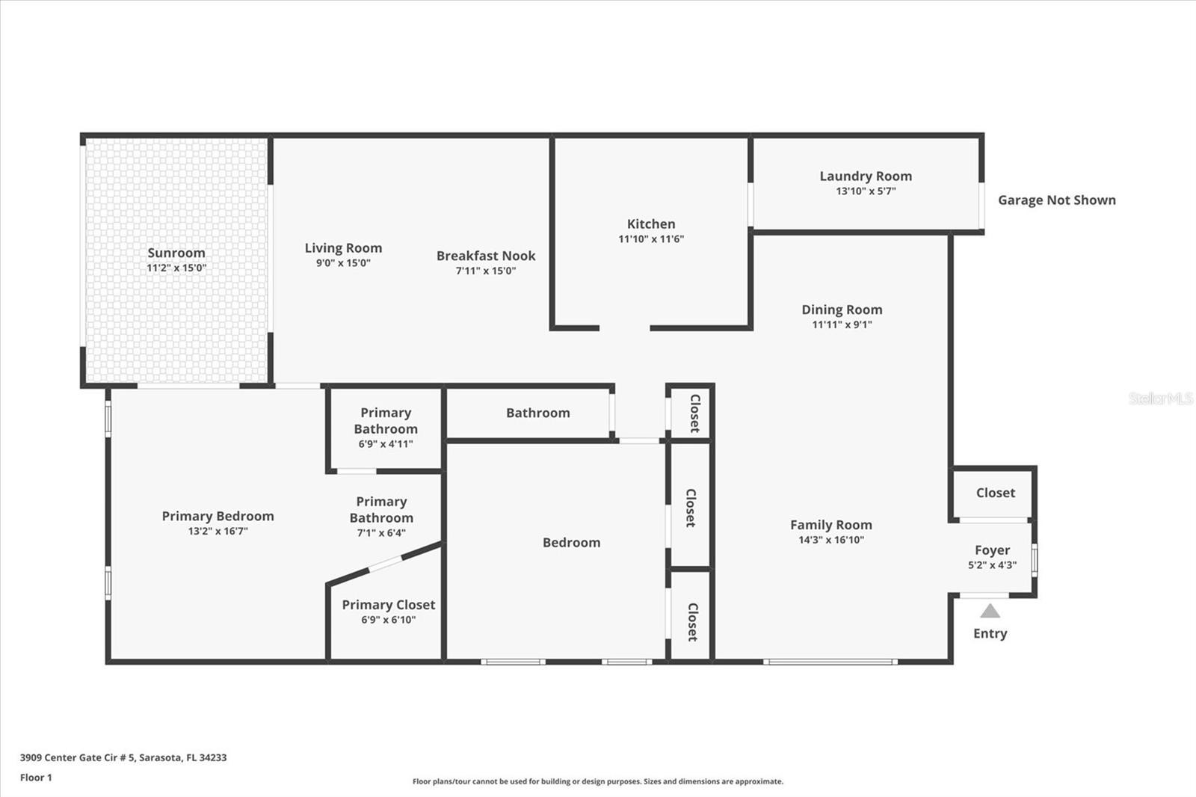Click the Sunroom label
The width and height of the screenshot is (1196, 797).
pos(176,253)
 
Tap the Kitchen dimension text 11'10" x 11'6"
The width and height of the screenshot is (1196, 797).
pos(651,239)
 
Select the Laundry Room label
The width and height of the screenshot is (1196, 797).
pos(866,176)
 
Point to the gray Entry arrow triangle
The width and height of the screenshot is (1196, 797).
pos(990,611)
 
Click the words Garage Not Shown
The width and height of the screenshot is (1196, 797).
pos(1057,200)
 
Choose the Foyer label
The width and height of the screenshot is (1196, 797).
pos(992,550)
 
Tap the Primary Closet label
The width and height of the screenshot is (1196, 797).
pos(388,605)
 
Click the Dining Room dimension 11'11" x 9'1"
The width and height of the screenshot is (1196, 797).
pos(842,324)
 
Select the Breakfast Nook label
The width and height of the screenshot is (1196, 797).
pos(486,256)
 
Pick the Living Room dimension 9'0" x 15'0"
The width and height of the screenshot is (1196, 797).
pos(343,263)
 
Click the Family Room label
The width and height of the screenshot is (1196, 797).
pos(830,525)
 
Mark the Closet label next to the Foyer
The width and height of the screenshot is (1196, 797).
pos(995,493)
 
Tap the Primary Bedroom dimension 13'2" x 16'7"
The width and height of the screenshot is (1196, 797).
pos(218,531)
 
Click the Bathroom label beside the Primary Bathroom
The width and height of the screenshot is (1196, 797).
pos(537,413)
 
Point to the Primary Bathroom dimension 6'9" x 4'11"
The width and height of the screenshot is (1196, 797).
pos(386,444)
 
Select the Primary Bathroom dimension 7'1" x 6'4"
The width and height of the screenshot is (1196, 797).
pos(381,532)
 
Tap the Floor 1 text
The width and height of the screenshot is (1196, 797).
pos(36,778)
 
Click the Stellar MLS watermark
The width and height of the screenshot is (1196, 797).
pos(1160,398)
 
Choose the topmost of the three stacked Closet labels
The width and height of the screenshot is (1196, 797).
pos(694,413)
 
